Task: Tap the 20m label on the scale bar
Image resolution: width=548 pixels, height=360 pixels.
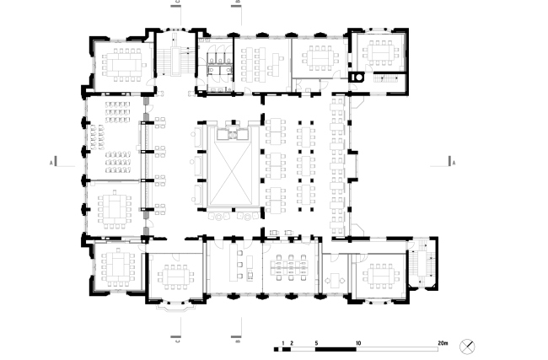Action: coord(442,343)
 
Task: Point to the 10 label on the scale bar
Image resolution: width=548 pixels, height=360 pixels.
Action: coord(359,343)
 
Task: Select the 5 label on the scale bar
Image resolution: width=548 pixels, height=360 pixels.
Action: coord(315,343)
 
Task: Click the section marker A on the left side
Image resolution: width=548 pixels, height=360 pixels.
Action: coord(51,160)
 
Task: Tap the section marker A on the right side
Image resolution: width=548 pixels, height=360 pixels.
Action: coord(454,160)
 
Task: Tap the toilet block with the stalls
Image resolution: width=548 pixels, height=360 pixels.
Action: coord(217,62)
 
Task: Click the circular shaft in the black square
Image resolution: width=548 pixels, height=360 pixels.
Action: coord(359,77)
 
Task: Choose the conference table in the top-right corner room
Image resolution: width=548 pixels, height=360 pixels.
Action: coord(380,51)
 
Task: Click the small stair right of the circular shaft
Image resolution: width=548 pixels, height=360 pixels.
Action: coord(388,78)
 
